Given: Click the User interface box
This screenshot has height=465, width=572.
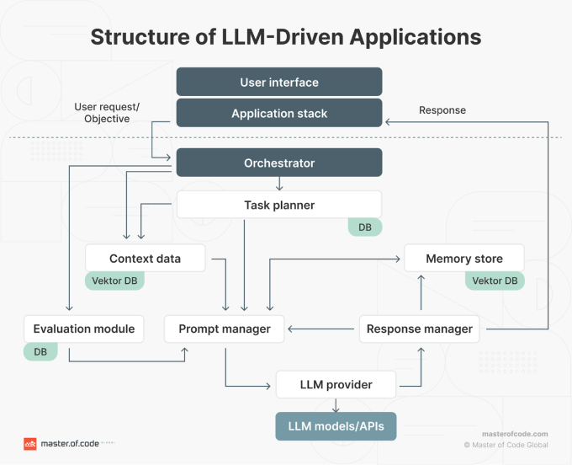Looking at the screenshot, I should (x=279, y=83).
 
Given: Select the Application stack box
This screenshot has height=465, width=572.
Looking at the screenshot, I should (x=279, y=113).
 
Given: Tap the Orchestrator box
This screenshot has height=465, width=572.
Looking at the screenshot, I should (x=279, y=163).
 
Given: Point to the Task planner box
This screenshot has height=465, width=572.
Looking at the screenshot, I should (x=279, y=205).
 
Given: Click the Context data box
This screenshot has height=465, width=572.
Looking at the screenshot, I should (x=145, y=259).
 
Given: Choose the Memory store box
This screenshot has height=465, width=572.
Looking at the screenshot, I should (x=464, y=259).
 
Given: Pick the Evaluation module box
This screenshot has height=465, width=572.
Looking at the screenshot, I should (x=83, y=329).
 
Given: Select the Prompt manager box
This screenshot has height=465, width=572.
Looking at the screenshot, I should (x=225, y=329).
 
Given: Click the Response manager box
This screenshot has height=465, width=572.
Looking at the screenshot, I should (x=420, y=329).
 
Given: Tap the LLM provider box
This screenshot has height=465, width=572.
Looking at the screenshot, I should (x=336, y=385).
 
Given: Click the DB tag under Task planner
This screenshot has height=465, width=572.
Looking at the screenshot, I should (x=365, y=227).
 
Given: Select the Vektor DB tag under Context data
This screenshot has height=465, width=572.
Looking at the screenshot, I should (x=114, y=281).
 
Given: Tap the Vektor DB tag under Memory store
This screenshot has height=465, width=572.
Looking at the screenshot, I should (x=495, y=281).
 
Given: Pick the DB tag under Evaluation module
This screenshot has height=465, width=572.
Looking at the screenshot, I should (x=40, y=350).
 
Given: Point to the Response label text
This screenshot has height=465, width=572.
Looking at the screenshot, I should (x=442, y=110).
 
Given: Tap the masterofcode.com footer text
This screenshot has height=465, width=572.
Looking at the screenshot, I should (x=515, y=433).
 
